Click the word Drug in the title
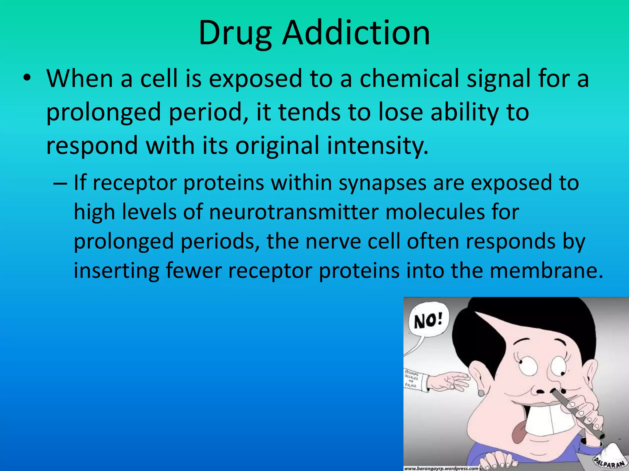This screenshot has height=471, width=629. pos(235,33)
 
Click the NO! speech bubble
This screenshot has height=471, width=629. pos(428,322)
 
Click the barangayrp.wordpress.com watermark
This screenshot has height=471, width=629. pos(441,468)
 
